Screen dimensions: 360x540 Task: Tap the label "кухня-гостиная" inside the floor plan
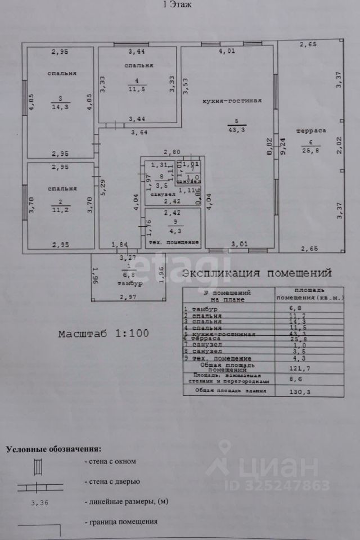233,101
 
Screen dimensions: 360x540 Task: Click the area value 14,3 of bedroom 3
60,106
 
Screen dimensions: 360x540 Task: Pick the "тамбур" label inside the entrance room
130,283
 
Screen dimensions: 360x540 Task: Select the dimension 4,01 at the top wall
227,52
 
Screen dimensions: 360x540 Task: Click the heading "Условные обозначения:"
54,449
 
